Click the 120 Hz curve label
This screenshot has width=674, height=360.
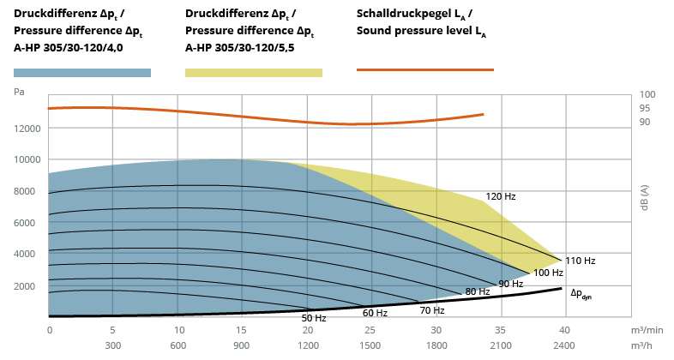[x=500, y=196]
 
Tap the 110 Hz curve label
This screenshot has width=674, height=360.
[x=580, y=261]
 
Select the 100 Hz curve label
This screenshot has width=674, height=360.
[x=548, y=273]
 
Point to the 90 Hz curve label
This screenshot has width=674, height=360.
[x=511, y=284]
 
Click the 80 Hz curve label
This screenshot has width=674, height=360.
[x=478, y=291]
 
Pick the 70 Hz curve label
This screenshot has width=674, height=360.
[x=432, y=310]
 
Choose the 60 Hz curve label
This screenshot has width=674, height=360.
[x=375, y=313]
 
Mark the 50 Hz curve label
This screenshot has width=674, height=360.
[x=314, y=318]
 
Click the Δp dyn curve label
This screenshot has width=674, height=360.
[x=581, y=294]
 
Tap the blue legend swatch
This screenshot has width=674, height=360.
[x=82, y=73]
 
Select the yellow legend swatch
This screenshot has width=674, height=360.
[x=254, y=73]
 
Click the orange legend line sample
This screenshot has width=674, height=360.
[x=425, y=69]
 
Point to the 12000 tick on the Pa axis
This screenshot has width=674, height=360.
[x=27, y=129]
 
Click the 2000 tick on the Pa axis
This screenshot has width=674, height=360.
[x=25, y=286]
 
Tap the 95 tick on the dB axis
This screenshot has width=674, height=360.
[x=645, y=108]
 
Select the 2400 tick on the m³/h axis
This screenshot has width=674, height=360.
[x=564, y=345]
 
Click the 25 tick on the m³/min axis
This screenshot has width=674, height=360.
[x=370, y=330]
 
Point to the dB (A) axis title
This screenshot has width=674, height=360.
[x=644, y=198]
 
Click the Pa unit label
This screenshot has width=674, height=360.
[x=19, y=92]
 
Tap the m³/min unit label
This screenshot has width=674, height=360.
[x=647, y=330]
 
